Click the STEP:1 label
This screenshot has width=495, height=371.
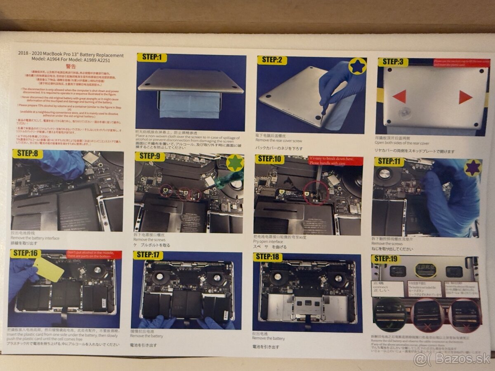point(151,58)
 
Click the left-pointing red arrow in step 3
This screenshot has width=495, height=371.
point(399,97)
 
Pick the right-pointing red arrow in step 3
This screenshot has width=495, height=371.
point(465,97)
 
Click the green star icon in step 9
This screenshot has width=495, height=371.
point(235,162)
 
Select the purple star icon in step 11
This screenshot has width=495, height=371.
point(472,168)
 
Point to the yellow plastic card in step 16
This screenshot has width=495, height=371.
point(48,270)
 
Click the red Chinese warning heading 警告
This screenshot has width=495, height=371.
point(71,66)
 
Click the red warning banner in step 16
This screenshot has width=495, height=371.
point(94,255)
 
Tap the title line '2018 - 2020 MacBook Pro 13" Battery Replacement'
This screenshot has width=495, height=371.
point(71,54)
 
